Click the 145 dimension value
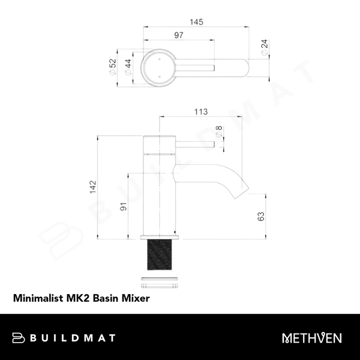[x=196, y=22]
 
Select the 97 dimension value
[x=179, y=36]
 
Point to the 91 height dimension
[x=124, y=208]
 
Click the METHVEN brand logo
[x=312, y=338]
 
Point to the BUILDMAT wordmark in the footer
[x=74, y=338]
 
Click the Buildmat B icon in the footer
[x=19, y=338]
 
